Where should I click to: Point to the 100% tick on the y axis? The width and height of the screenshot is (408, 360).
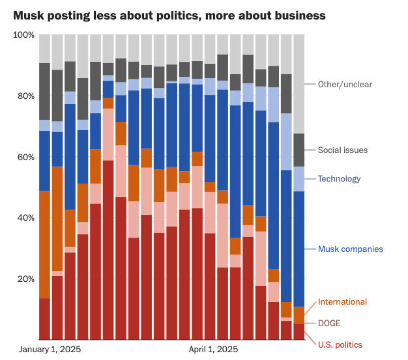23,35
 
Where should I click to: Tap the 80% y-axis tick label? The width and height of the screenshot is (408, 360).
25,96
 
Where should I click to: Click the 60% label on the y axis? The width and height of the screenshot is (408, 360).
25,157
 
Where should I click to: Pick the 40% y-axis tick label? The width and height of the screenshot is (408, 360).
25,217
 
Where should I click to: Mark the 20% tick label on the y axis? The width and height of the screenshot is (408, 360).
25,279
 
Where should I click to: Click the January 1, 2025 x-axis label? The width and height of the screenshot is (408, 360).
50,350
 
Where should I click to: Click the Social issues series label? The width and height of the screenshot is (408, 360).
343,150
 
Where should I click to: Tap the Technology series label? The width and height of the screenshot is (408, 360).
339,179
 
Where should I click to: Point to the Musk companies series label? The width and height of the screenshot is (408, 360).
350,249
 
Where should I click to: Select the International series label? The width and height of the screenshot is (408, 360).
342,301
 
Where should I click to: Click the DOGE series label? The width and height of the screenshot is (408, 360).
329,323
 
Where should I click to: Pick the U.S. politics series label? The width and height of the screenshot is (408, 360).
340,344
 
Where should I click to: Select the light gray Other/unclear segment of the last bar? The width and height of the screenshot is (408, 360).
299,84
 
